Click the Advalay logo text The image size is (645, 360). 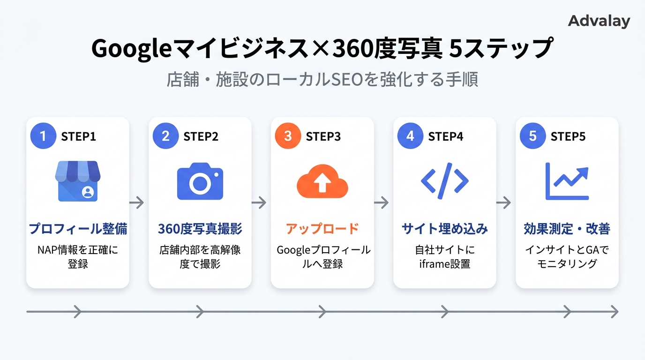click(x=599, y=21)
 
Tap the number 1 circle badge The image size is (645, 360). click(x=43, y=136)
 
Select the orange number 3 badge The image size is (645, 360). click(x=288, y=136)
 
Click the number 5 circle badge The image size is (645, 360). click(x=532, y=136)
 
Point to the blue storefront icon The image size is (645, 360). click(x=78, y=181)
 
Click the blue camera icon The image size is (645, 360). click(x=200, y=181)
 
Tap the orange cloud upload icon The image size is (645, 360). click(x=322, y=181)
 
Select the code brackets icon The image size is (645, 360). click(x=444, y=180)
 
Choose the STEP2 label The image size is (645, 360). click(x=201, y=136)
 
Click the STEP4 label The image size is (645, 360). click(x=445, y=136)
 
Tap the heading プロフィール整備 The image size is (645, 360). click(x=78, y=229)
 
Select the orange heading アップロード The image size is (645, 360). click(x=322, y=229)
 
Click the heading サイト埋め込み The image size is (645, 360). click(x=444, y=229)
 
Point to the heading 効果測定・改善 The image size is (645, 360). click(x=567, y=229)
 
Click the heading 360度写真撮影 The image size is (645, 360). click(x=200, y=229)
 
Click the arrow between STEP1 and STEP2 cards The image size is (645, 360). click(x=136, y=202)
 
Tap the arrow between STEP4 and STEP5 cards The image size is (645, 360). click(x=503, y=202)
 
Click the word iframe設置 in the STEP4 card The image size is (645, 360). click(x=444, y=264)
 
